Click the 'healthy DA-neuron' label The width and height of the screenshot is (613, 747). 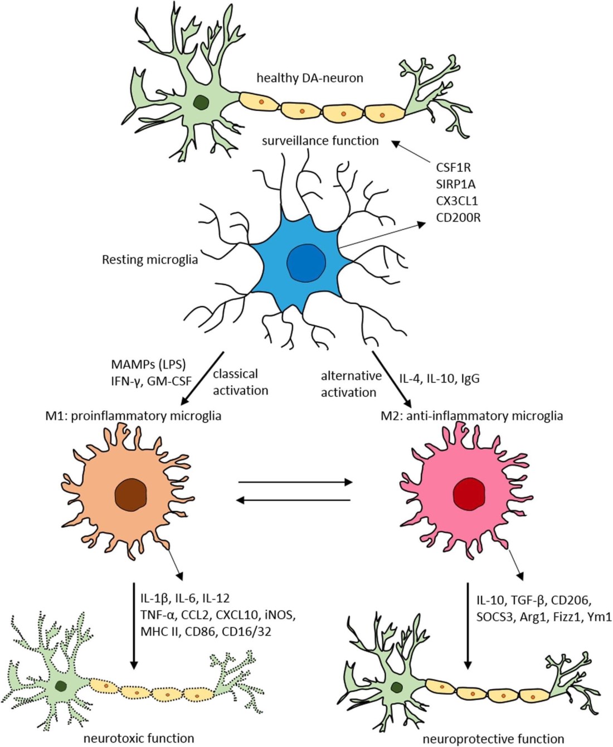click(x=309, y=78)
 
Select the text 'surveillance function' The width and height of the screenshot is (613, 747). click(x=320, y=140)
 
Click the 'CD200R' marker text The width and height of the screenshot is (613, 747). click(x=458, y=217)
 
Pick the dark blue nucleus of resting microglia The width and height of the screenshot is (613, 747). click(x=306, y=262)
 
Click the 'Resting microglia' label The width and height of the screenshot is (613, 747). click(x=150, y=259)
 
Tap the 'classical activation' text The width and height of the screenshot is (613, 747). click(x=240, y=382)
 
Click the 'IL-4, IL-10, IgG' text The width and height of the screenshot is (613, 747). click(x=439, y=379)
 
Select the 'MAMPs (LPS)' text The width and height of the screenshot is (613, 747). click(x=149, y=365)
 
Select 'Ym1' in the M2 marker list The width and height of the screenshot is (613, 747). click(x=600, y=617)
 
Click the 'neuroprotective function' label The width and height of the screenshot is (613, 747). click(x=493, y=739)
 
